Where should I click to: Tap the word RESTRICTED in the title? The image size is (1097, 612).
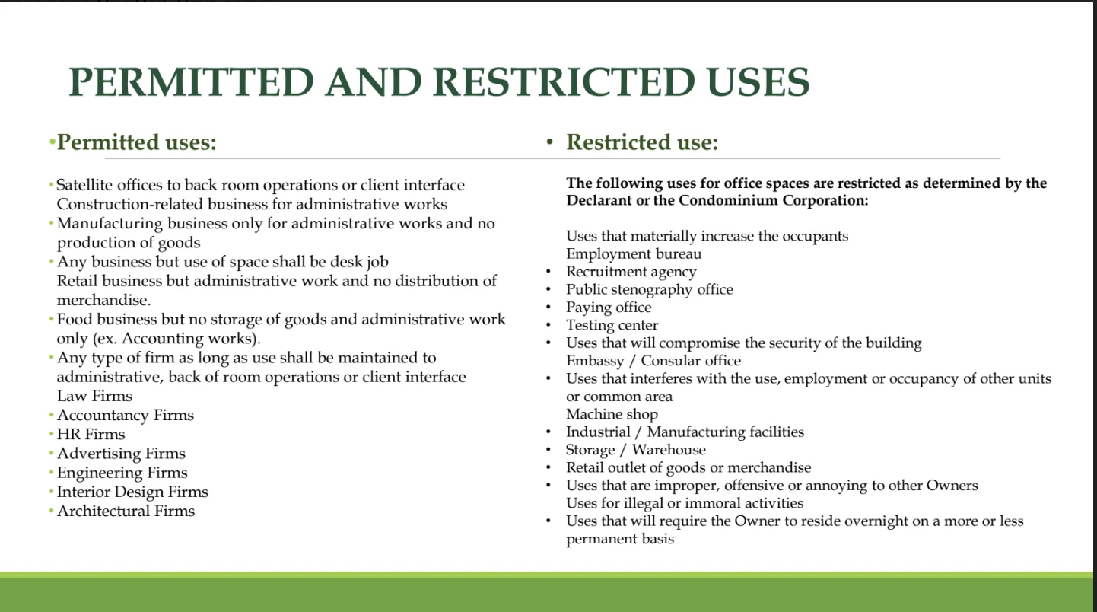[x=564, y=82]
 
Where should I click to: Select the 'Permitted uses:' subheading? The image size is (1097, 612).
[x=137, y=142]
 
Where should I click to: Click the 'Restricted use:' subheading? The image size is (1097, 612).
[x=642, y=142]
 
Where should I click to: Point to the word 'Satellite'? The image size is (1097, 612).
[x=84, y=185]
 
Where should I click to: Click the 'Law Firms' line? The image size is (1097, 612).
[x=94, y=395]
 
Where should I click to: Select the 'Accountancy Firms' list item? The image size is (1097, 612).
[x=126, y=415]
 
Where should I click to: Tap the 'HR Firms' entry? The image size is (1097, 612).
[x=91, y=434]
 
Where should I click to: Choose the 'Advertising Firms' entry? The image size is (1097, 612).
[x=121, y=453]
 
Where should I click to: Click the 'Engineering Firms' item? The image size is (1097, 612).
[x=122, y=473]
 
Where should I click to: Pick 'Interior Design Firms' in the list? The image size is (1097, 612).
[x=132, y=492]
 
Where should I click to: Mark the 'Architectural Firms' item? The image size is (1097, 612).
[x=126, y=511]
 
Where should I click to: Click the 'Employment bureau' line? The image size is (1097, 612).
[x=634, y=253]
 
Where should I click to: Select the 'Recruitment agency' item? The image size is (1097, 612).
[x=631, y=272]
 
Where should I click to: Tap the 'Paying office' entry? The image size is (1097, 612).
[x=609, y=308]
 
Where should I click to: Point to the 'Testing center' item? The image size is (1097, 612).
[x=612, y=325]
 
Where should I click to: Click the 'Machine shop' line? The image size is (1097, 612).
[x=612, y=414]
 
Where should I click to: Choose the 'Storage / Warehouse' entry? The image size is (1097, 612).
[x=636, y=450]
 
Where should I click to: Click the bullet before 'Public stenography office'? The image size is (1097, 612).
[x=548, y=289]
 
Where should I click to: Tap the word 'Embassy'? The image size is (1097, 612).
[x=595, y=361]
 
